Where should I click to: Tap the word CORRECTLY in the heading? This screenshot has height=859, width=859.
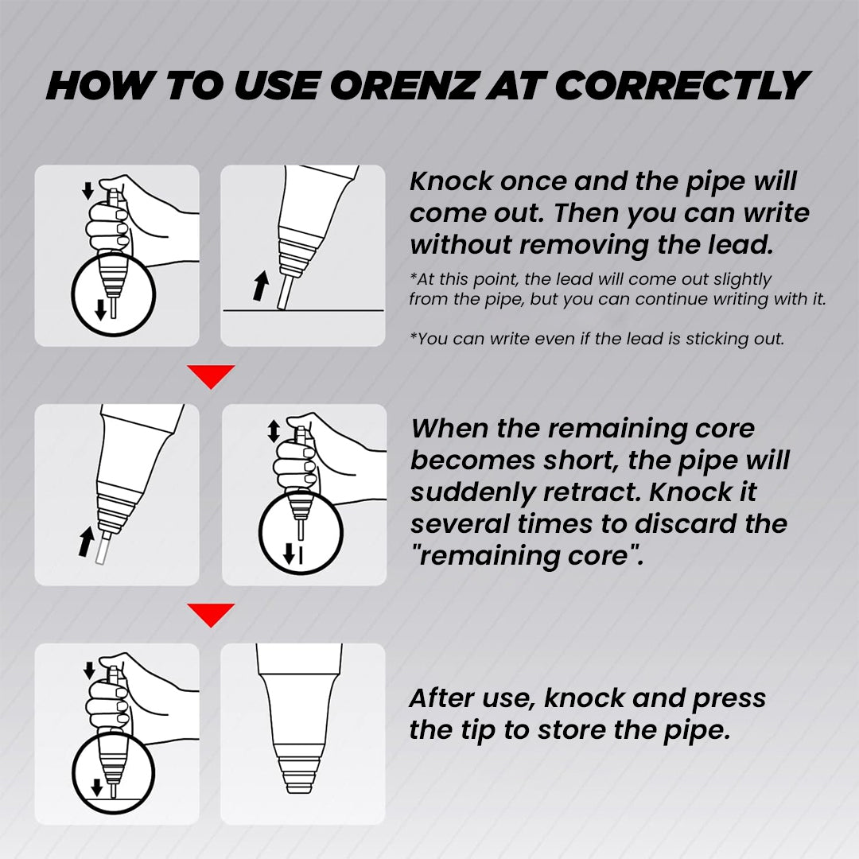tap(682, 86)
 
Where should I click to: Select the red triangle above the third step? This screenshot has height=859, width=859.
tap(211, 615)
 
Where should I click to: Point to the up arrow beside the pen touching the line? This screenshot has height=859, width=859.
tap(261, 286)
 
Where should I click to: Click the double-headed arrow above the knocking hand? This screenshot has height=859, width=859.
tap(274, 431)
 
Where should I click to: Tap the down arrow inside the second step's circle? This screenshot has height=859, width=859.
tap(290, 555)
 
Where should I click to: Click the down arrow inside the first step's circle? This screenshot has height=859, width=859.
tap(100, 309)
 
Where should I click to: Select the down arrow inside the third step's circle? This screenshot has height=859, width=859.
tap(97, 787)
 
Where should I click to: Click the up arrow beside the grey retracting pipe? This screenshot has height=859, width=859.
tap(86, 542)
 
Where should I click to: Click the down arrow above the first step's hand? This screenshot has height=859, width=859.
tap(87, 191)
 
